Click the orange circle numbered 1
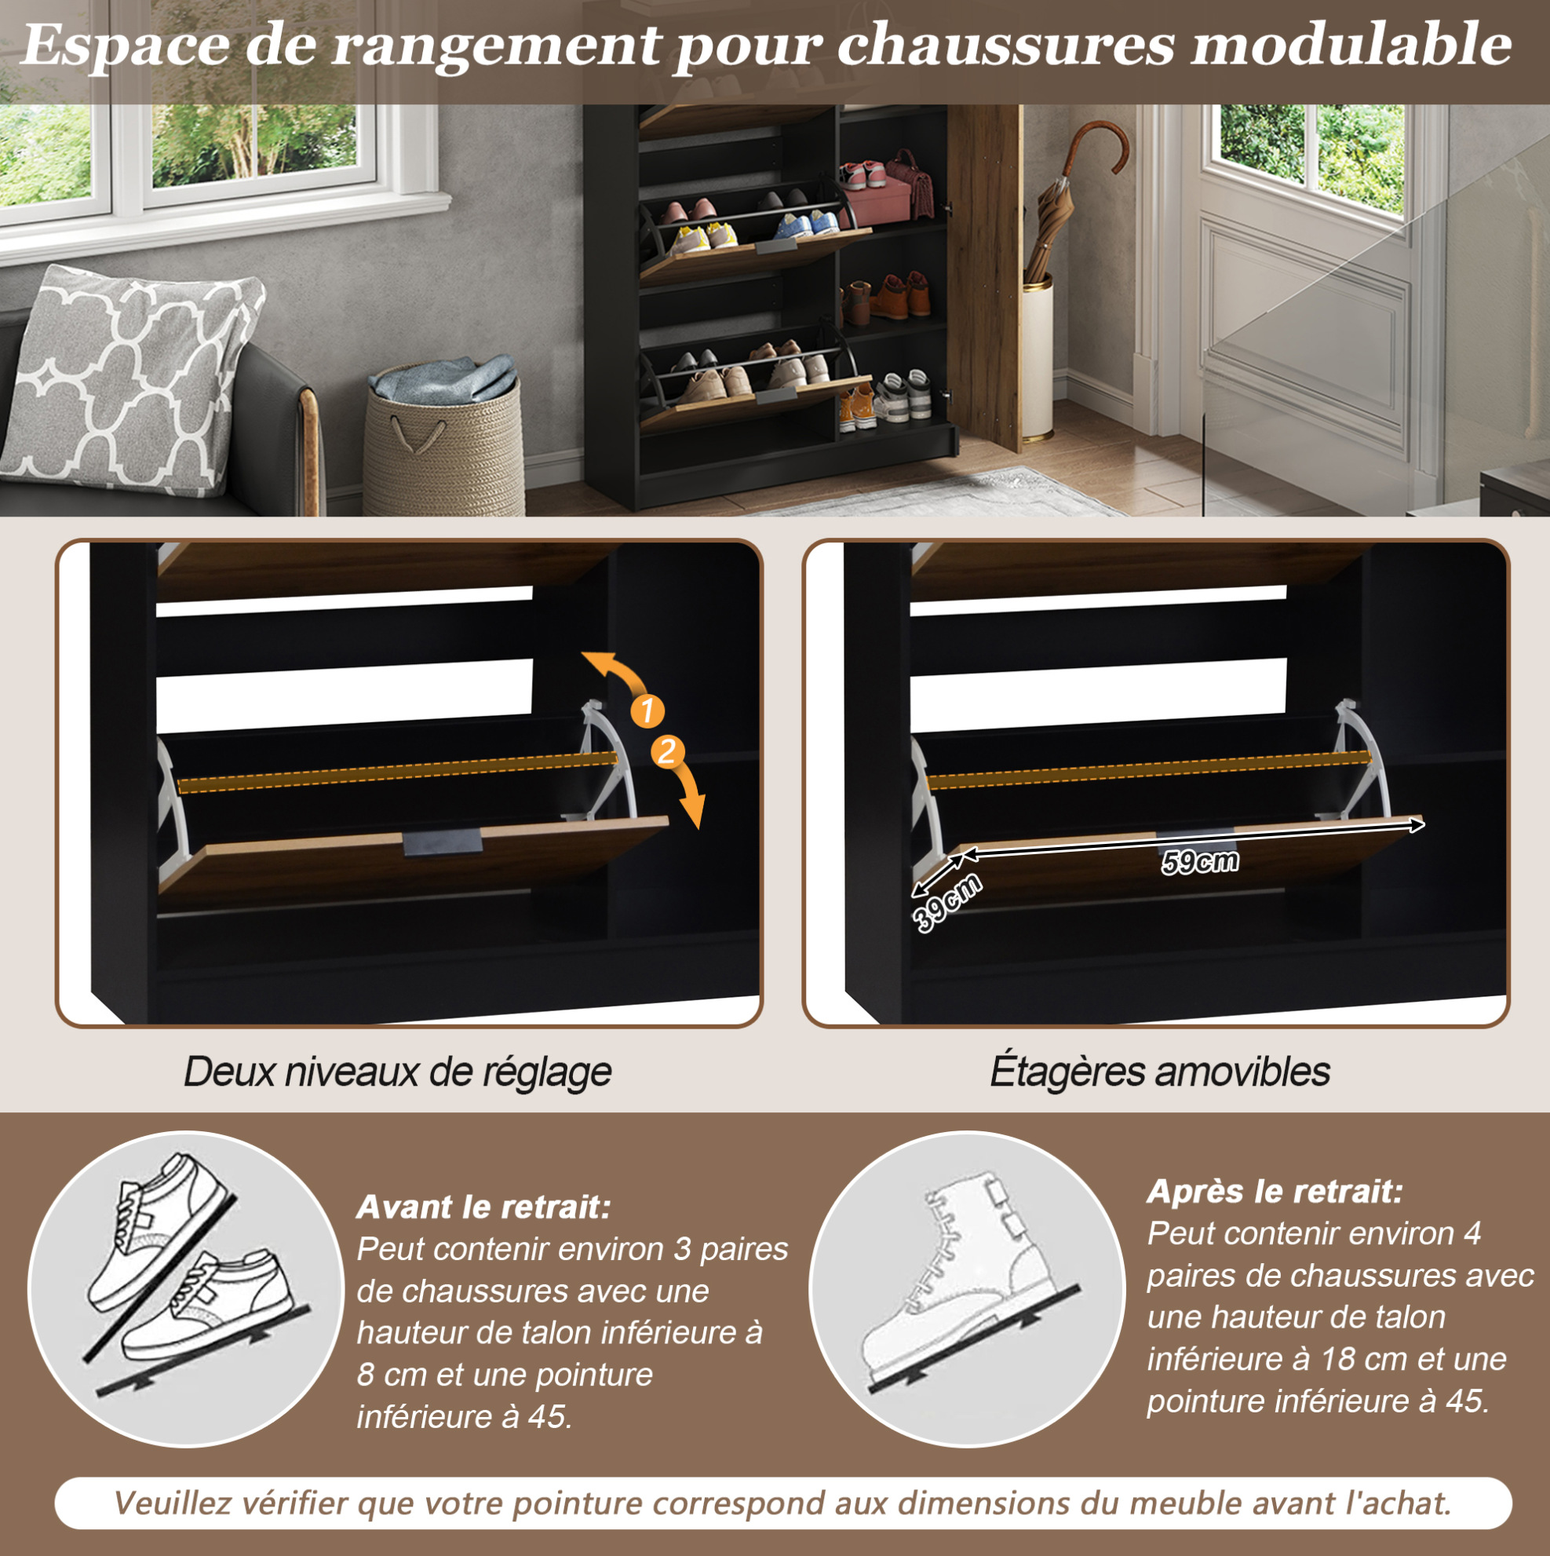[x=647, y=711]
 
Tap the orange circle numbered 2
[x=668, y=752]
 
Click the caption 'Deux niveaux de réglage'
[x=397, y=1072]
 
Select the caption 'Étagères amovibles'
[x=1159, y=1072]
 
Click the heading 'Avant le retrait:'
[x=484, y=1207]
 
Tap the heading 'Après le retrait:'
[x=1275, y=1191]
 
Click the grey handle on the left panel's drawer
[x=442, y=842]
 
